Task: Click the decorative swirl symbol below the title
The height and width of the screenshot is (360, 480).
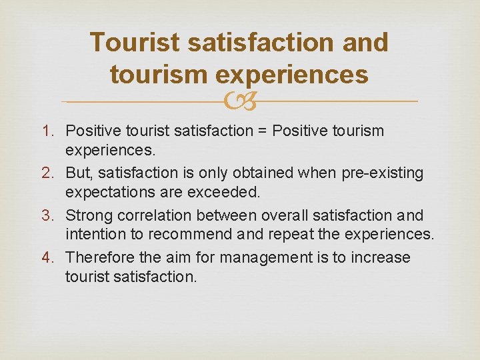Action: coord(239,101)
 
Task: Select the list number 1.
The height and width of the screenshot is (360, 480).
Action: coord(54,131)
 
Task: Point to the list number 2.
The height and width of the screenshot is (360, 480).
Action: coord(54,173)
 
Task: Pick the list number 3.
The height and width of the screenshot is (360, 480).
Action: coord(54,215)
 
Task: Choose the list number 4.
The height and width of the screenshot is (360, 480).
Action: coord(54,257)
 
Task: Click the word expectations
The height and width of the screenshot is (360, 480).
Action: coord(107,192)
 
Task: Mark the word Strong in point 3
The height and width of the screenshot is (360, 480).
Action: coord(89,215)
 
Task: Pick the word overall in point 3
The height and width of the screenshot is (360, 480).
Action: coord(284,215)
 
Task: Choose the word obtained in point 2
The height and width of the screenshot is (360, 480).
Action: coord(259,173)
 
